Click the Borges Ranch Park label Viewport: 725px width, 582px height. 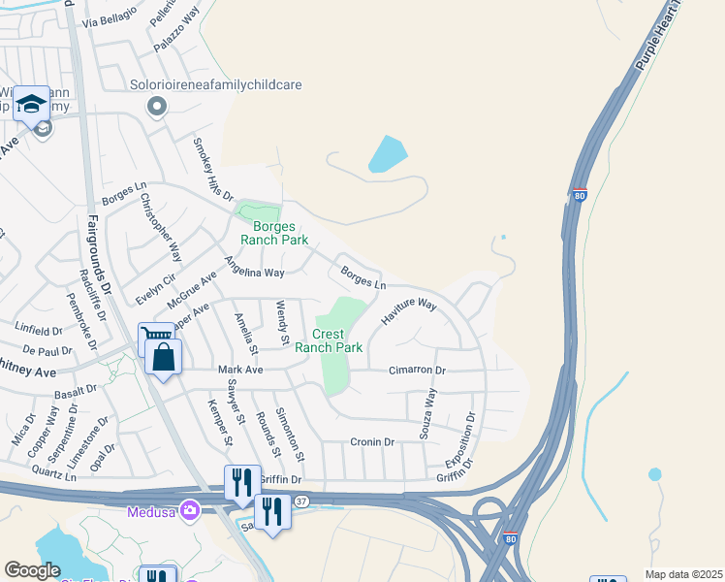coord(274,233)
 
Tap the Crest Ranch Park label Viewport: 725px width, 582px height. coord(329,340)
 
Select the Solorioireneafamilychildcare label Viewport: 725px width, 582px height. coord(216,84)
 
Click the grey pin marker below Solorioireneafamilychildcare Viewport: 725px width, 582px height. coord(156,106)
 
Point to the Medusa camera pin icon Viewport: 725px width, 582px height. coord(190,509)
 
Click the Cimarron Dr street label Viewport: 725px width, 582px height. coord(417,371)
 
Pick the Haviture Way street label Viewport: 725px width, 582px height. coord(408,310)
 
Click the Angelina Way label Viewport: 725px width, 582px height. coord(254,267)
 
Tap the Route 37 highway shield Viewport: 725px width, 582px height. coord(302,501)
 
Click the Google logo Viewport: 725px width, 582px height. coord(33,570)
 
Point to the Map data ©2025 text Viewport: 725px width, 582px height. coord(682,574)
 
